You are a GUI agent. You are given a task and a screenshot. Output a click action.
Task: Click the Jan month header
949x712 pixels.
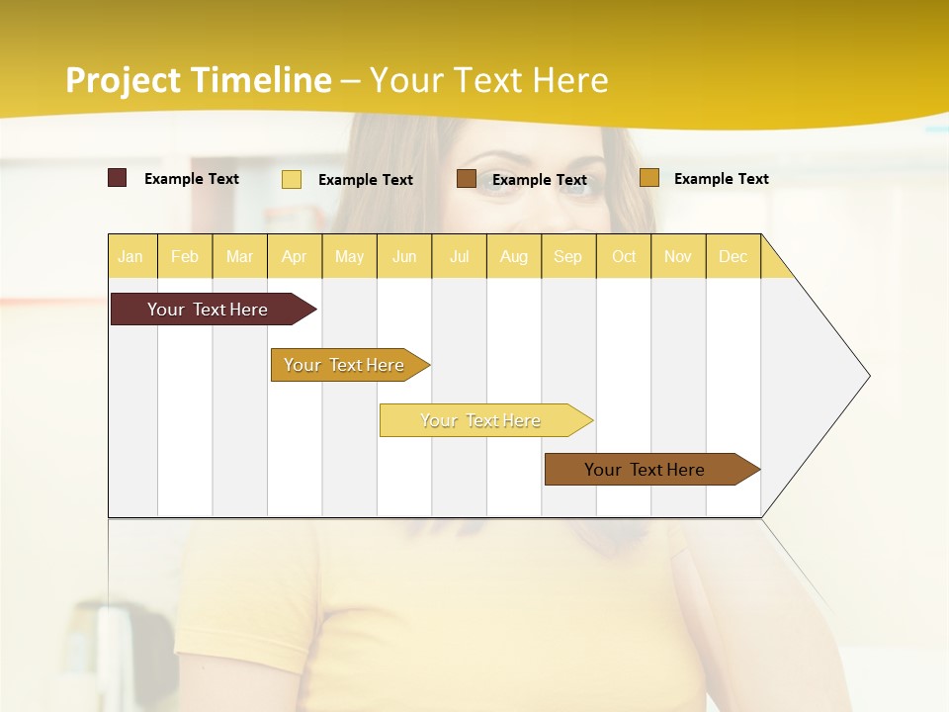click(130, 256)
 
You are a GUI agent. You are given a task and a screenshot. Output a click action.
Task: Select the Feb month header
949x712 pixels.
click(185, 256)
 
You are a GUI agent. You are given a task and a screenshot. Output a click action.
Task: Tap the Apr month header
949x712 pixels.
click(294, 256)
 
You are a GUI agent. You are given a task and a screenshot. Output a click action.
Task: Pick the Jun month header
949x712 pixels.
click(404, 256)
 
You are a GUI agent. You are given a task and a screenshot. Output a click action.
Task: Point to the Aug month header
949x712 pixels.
click(514, 256)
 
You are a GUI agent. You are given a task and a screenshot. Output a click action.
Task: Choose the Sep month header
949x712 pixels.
click(567, 256)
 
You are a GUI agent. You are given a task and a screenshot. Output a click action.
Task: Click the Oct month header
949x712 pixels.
click(624, 256)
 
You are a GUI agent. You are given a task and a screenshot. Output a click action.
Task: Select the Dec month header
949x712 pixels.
click(733, 256)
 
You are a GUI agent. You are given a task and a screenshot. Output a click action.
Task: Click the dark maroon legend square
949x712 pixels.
click(117, 178)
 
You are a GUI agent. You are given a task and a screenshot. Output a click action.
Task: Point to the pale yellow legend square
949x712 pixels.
click(292, 179)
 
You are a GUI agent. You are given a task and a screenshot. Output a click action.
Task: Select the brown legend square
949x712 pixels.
click(467, 179)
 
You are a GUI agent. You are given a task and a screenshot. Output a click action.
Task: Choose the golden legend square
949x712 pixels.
click(648, 178)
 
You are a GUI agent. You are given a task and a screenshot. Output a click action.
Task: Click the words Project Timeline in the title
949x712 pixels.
click(198, 80)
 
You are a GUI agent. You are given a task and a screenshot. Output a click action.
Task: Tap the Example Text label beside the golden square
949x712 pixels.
click(721, 179)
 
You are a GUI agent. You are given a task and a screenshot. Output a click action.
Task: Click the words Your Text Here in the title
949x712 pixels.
click(489, 80)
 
